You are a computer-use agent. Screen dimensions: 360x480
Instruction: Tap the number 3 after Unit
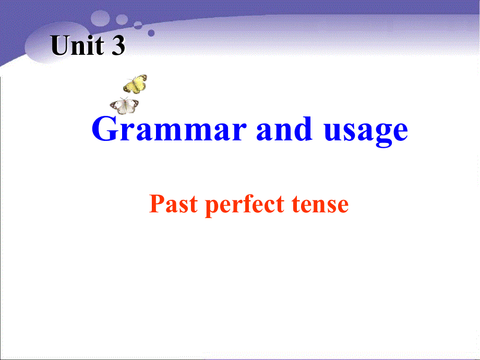118,46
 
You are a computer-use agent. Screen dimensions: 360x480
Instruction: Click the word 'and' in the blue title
285,130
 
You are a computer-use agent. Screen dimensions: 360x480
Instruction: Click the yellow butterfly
135,83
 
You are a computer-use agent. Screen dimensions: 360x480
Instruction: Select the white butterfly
124,105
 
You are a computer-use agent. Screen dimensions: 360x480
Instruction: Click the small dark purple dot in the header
151,32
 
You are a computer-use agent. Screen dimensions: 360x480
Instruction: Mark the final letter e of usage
399,131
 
